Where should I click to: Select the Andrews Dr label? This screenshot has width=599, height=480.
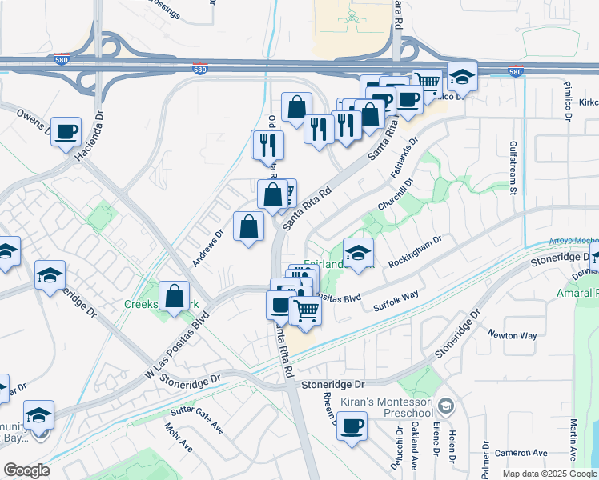point(207,249)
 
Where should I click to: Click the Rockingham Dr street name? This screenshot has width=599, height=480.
point(415,252)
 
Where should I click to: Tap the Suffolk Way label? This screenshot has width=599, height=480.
point(396,302)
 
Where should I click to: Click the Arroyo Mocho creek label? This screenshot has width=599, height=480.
point(573,240)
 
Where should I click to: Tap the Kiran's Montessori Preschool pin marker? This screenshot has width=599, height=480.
point(447,406)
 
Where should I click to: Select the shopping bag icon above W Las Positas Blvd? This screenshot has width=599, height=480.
point(174,295)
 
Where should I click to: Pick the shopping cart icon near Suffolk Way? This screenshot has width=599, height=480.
point(305,310)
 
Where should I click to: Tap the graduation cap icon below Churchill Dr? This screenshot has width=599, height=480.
point(358,252)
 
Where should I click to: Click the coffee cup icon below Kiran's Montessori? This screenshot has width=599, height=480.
point(352,425)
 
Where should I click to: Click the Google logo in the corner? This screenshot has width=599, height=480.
point(26,470)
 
